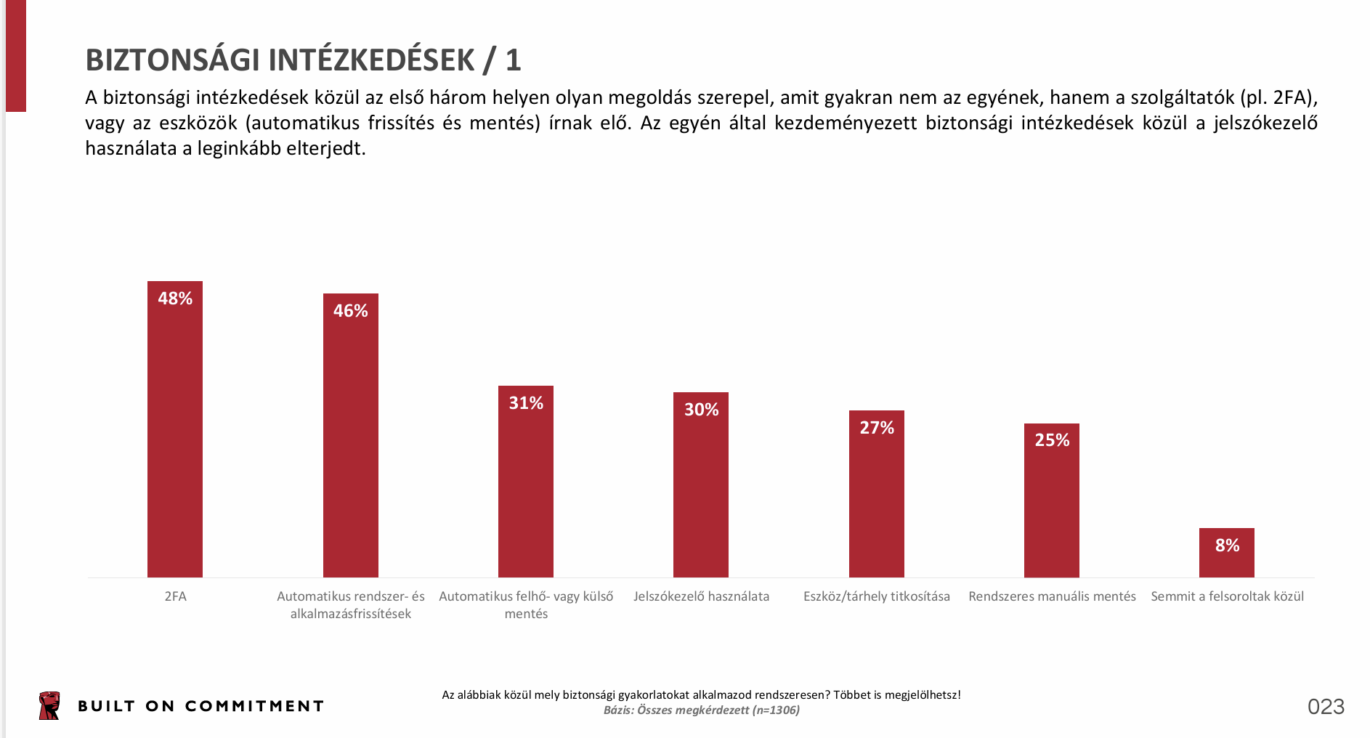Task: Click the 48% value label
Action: coord(175,299)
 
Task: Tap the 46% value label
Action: coord(350,311)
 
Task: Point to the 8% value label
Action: coord(1227,546)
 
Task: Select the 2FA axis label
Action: coord(175,596)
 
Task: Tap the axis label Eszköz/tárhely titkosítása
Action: coord(876,596)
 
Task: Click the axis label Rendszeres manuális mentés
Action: coord(1052,596)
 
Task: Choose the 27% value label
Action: coord(877,428)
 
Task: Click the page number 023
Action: coord(1326,707)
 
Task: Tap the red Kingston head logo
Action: coord(49,706)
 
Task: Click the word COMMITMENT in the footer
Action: coord(254,706)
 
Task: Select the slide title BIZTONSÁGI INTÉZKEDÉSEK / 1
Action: coord(303,60)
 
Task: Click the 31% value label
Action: coord(526,403)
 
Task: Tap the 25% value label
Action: coord(1052,440)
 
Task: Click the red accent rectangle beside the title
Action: coord(16,55)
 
